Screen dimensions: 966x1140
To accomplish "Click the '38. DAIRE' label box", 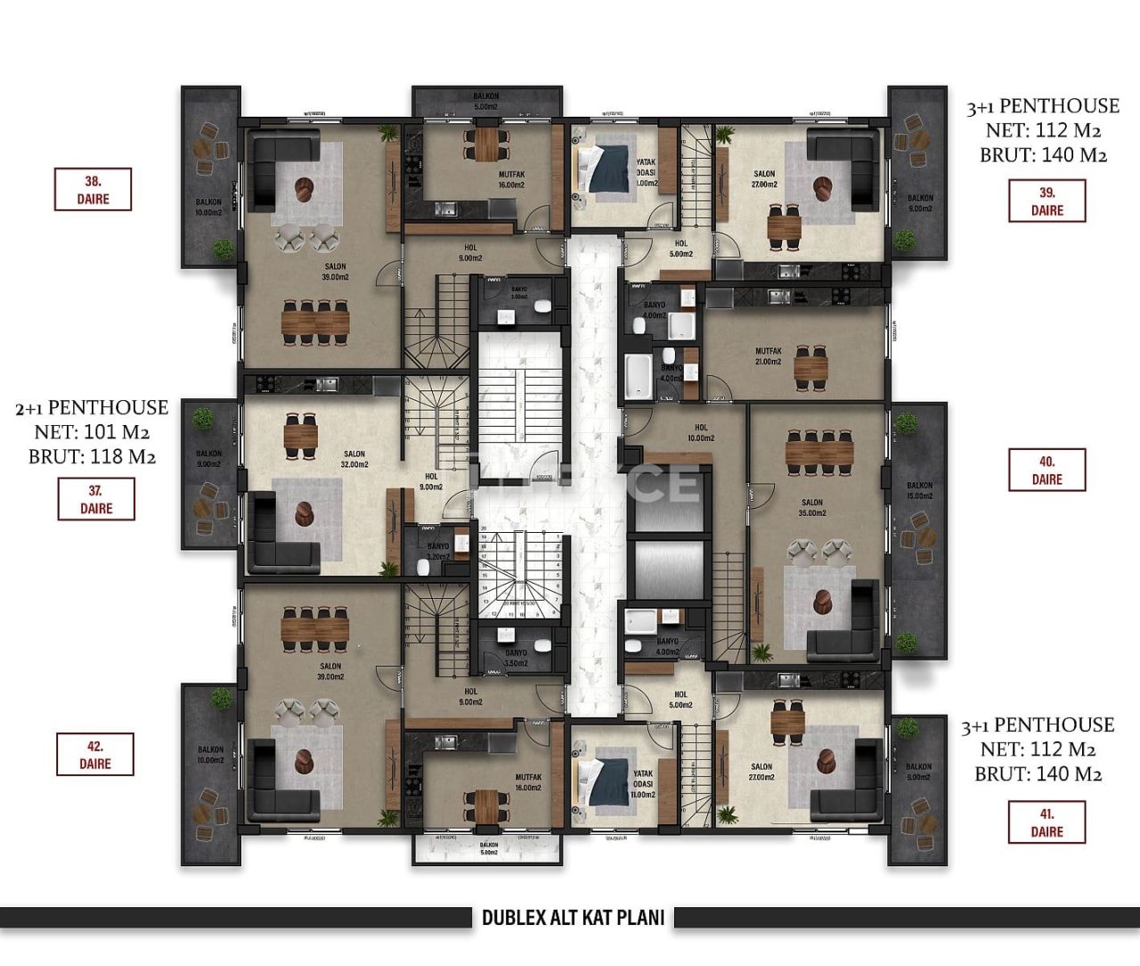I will tap(93, 190).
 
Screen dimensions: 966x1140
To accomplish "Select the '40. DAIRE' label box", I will tap(1046, 470).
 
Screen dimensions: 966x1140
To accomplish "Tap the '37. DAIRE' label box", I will tap(96, 499).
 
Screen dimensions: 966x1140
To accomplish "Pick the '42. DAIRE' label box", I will tap(95, 754).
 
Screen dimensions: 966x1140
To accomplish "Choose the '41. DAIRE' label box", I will tap(1046, 823).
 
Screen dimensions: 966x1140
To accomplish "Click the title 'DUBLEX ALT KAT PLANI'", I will tap(573, 917).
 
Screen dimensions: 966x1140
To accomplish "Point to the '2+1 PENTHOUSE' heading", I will tap(92, 408).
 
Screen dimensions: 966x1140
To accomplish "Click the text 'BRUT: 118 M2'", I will tap(92, 457).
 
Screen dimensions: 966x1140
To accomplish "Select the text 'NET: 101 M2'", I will tap(92, 433).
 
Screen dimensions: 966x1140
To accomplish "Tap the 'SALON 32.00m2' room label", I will tap(354, 459).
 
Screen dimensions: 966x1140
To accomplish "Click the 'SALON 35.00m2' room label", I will tap(811, 507).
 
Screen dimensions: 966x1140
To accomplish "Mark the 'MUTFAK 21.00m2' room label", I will tap(768, 356).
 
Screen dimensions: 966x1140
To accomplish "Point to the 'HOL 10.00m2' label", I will tap(701, 432).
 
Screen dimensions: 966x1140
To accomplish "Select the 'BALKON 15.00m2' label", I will tap(919, 491).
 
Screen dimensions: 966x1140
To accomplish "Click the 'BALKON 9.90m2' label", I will tap(208, 459).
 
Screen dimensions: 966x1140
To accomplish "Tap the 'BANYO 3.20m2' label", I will tap(438, 552).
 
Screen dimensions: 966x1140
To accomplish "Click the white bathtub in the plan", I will tap(639, 377).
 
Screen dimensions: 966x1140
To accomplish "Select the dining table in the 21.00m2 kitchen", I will tap(810, 367).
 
